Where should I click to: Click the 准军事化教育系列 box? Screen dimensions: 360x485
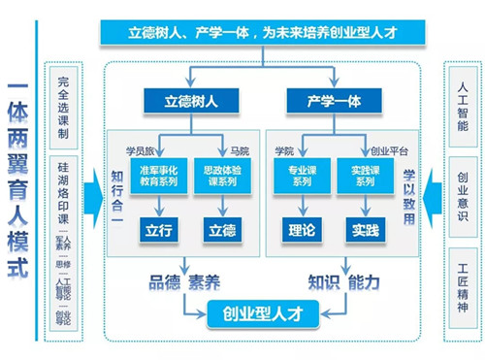(x=157, y=174)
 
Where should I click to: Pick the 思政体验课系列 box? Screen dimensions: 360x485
(x=221, y=174)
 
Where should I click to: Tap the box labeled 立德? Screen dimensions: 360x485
(x=221, y=230)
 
